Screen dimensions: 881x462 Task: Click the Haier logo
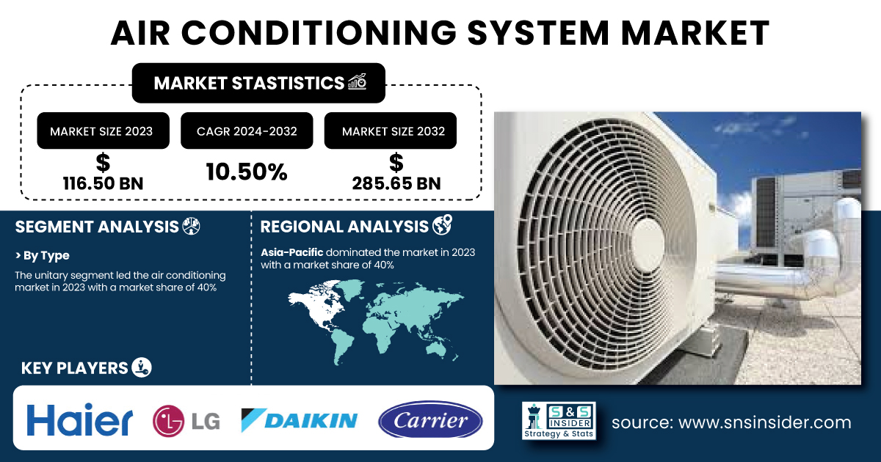80,419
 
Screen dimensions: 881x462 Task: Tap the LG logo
186,421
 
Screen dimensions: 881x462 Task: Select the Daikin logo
300,420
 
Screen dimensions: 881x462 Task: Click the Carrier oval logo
430,419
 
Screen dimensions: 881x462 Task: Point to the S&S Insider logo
559,420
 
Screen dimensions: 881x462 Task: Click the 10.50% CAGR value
247,172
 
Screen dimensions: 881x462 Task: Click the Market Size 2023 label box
103,131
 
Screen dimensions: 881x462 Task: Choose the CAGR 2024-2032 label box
247,131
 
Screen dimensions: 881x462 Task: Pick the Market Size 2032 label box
390,131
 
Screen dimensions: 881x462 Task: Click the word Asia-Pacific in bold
292,252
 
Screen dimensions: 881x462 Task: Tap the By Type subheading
42,256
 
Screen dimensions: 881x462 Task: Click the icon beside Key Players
142,367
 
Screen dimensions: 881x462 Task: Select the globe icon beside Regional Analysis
443,225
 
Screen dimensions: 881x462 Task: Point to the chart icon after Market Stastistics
357,81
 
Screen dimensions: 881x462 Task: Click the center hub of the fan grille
647,244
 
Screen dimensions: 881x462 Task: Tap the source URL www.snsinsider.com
765,422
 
